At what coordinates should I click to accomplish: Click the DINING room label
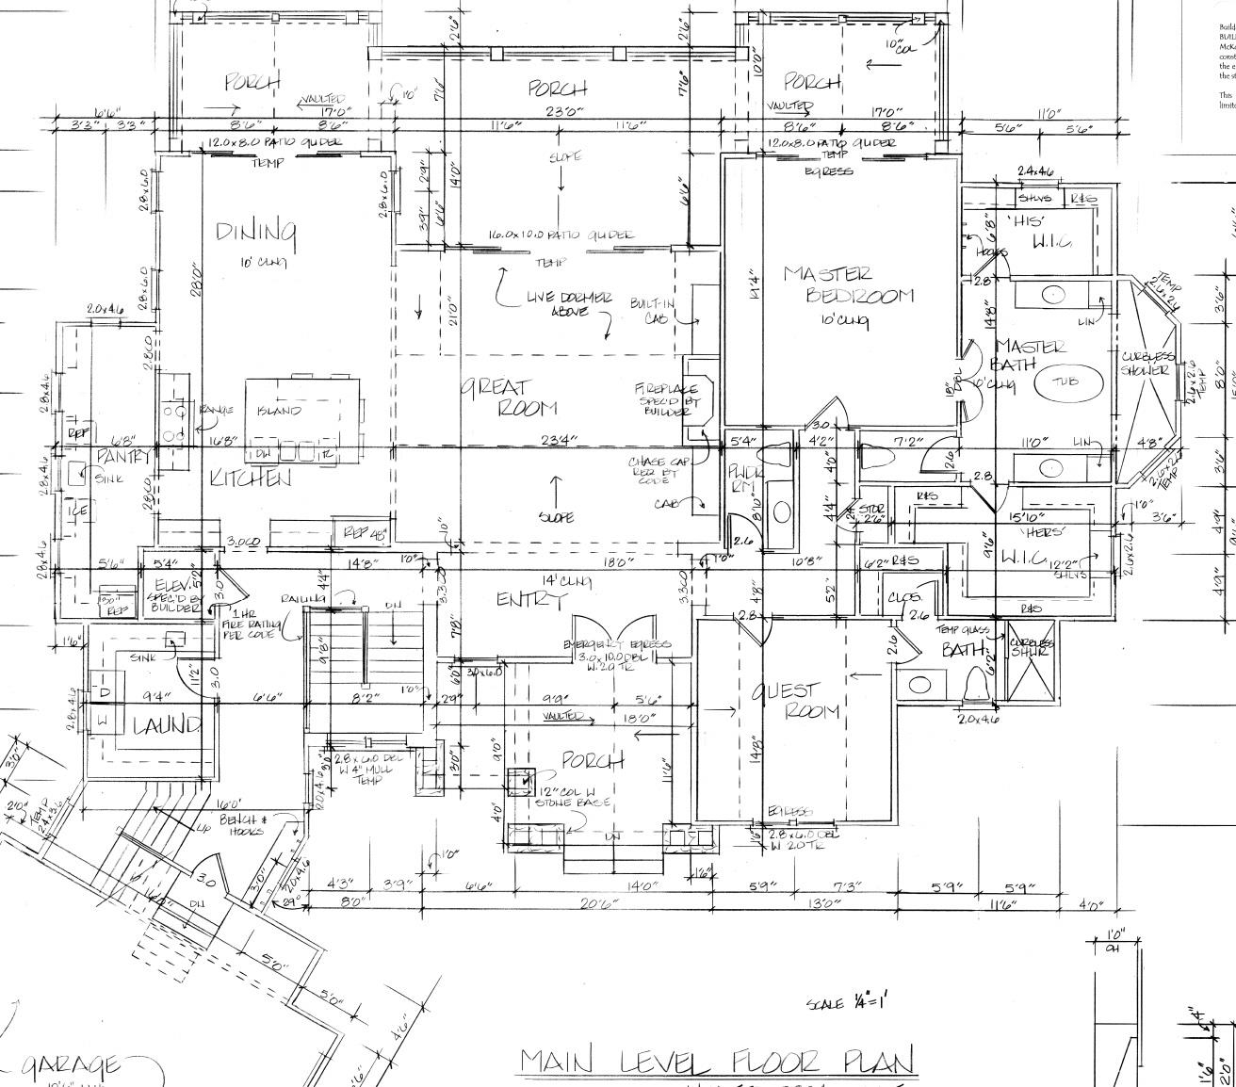(x=256, y=232)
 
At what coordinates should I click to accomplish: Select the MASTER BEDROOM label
(x=848, y=284)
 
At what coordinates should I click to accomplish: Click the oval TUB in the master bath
(x=1068, y=381)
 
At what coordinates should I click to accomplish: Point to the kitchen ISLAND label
(x=279, y=410)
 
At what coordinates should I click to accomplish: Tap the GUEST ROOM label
(x=798, y=701)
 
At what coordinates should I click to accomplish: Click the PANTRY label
(x=123, y=456)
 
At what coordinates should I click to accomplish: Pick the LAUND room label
(x=167, y=725)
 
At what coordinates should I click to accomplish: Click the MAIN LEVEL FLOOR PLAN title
(x=716, y=1063)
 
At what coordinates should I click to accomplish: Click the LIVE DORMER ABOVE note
(x=569, y=303)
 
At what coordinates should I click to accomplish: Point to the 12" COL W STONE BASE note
(x=574, y=796)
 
